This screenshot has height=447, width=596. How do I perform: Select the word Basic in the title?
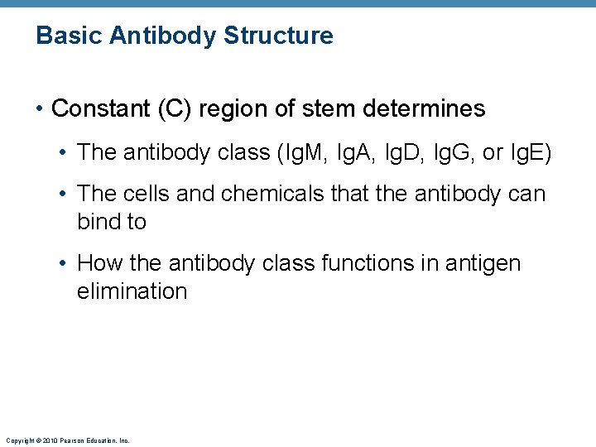(66, 36)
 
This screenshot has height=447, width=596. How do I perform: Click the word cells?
(148, 194)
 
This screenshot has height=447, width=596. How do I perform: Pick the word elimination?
(132, 291)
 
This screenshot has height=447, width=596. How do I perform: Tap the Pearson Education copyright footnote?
(67, 441)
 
